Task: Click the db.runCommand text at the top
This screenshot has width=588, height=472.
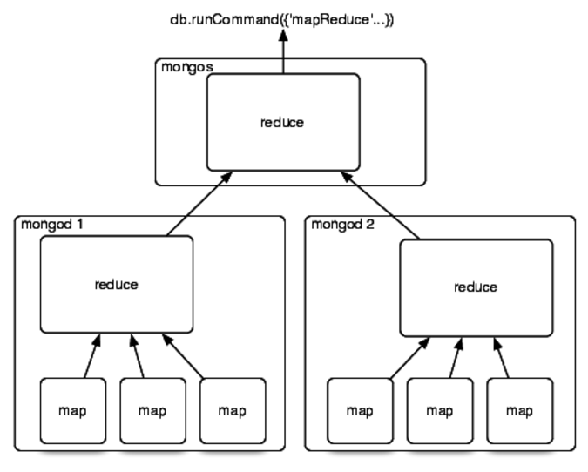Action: point(281,18)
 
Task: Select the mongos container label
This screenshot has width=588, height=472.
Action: point(185,67)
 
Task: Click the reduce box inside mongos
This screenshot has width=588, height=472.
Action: point(282,122)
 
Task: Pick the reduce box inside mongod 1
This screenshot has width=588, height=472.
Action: point(117,284)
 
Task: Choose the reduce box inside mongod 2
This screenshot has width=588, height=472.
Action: point(476,287)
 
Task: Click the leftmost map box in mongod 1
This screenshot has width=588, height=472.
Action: point(72,410)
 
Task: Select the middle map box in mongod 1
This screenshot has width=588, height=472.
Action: point(152,410)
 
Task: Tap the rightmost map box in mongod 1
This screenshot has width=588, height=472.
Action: point(232,410)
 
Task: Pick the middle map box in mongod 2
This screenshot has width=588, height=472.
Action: point(439,410)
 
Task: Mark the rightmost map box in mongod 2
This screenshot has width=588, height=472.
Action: point(519,410)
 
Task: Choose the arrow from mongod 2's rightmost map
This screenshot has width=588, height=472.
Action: point(502,357)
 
